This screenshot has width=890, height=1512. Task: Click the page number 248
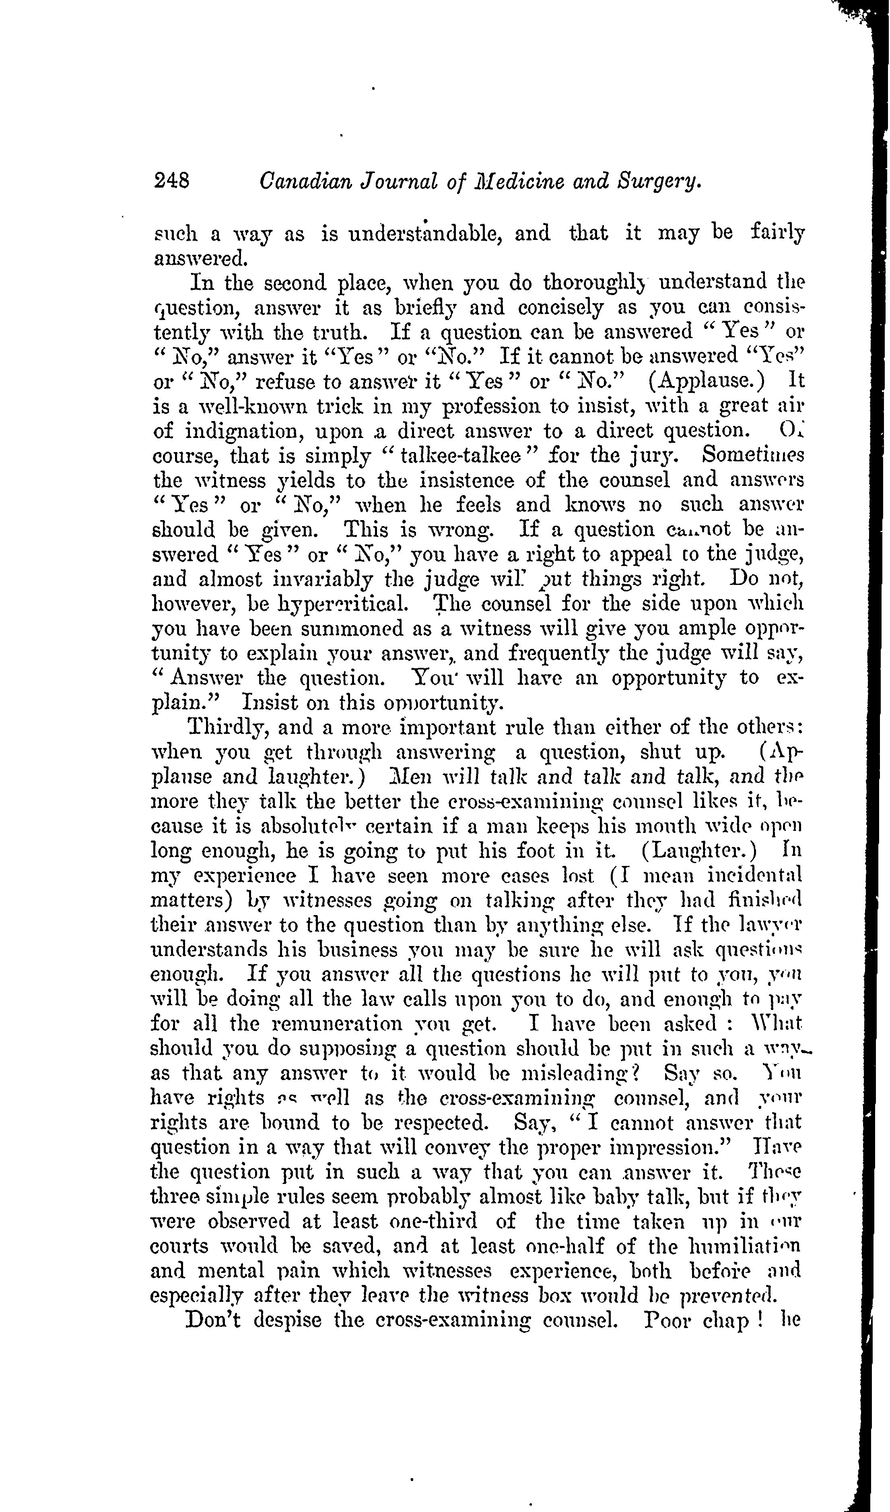tap(172, 181)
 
